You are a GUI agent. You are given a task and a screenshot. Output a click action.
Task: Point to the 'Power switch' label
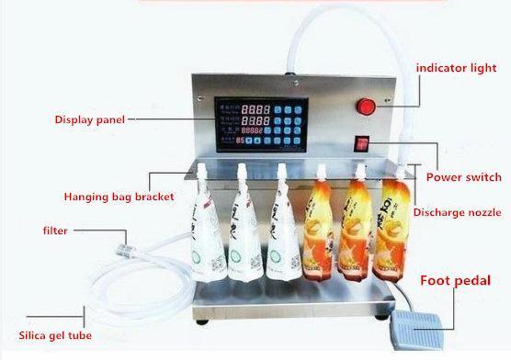click(x=464, y=177)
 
